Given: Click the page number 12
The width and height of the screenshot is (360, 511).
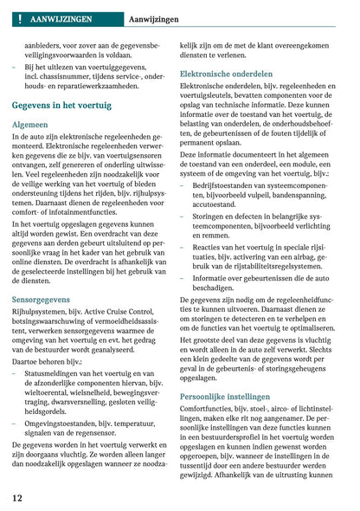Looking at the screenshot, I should click(x=17, y=498).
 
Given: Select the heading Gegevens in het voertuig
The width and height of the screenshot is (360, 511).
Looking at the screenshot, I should click(x=61, y=105).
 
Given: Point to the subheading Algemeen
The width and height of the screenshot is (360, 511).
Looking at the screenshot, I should click(x=30, y=125).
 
